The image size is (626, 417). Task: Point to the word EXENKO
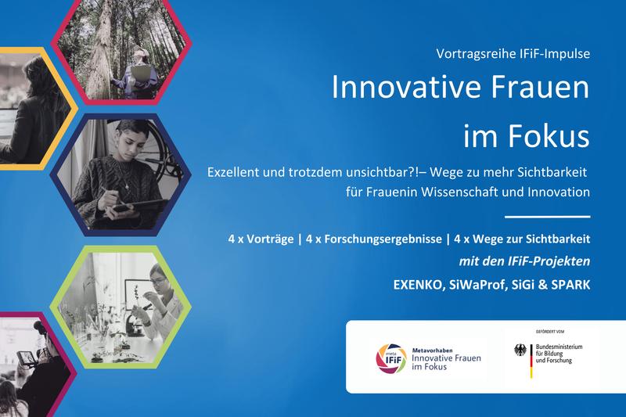(x=419, y=285)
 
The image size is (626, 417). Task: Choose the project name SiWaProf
(x=476, y=285)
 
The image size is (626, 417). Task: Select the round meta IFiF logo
(x=391, y=358)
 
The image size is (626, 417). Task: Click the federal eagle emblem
(x=520, y=350)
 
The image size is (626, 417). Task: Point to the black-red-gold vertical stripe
(x=531, y=361)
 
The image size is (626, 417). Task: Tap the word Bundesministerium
(x=559, y=347)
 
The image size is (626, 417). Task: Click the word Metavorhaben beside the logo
(x=433, y=350)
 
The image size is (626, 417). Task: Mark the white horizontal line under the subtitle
(x=548, y=217)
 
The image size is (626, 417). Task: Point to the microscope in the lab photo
(x=138, y=315)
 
